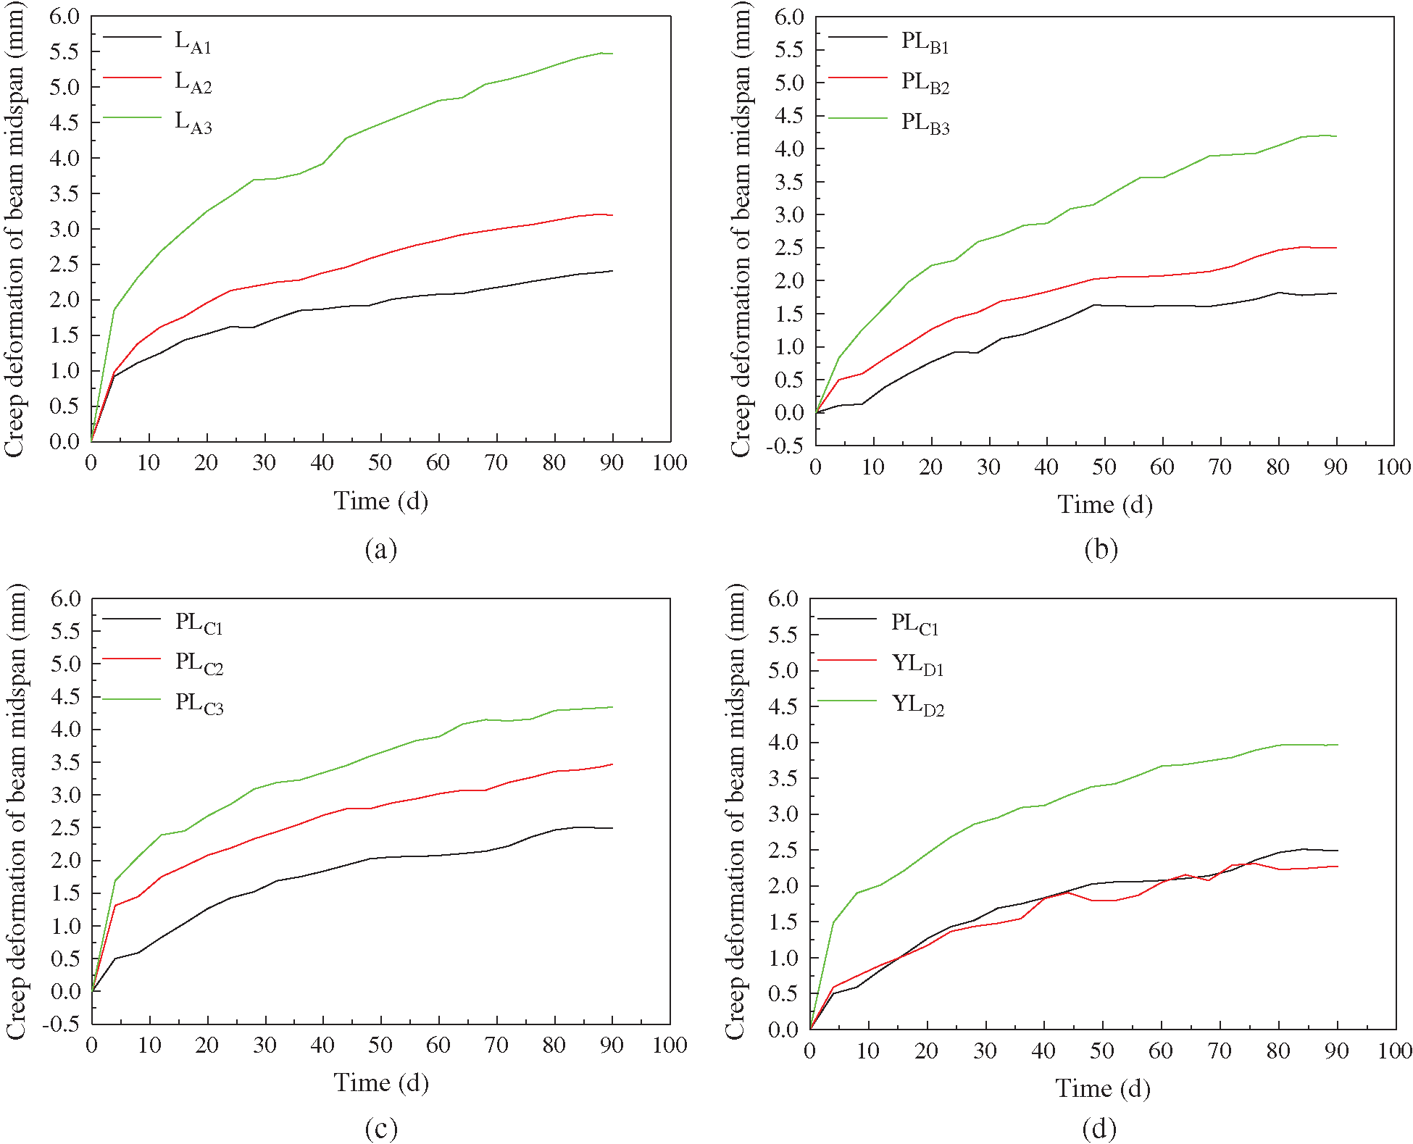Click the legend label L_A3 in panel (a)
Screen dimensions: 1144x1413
point(193,122)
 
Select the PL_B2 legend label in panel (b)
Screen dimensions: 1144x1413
point(925,83)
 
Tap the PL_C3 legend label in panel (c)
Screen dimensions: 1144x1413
point(199,703)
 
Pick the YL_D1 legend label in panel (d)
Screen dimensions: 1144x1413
point(917,664)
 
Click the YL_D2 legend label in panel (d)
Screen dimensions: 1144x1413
point(918,704)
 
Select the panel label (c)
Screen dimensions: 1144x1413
point(381,1128)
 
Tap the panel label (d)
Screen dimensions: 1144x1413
point(1099,1128)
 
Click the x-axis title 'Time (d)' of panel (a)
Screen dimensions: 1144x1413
point(381,501)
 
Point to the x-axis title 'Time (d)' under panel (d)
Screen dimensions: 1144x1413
point(1102,1088)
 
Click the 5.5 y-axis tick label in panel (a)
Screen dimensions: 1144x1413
point(64,51)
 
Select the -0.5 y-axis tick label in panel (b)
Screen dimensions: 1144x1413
point(786,446)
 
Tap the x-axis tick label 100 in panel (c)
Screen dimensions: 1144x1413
point(669,1045)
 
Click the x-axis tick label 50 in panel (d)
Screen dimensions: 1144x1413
point(1101,1051)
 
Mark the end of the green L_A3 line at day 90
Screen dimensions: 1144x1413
point(612,54)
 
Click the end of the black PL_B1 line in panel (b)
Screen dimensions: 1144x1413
point(1336,293)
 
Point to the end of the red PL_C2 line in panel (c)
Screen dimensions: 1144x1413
point(612,764)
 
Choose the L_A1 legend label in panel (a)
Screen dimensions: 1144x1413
point(193,42)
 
